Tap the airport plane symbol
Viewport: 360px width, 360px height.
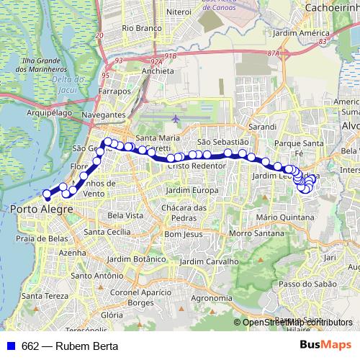tap(177, 117)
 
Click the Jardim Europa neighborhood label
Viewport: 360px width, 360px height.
tap(192, 189)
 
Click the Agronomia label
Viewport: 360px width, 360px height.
tap(210, 298)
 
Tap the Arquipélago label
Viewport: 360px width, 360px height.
tap(48, 112)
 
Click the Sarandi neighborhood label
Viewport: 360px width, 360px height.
tap(262, 126)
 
